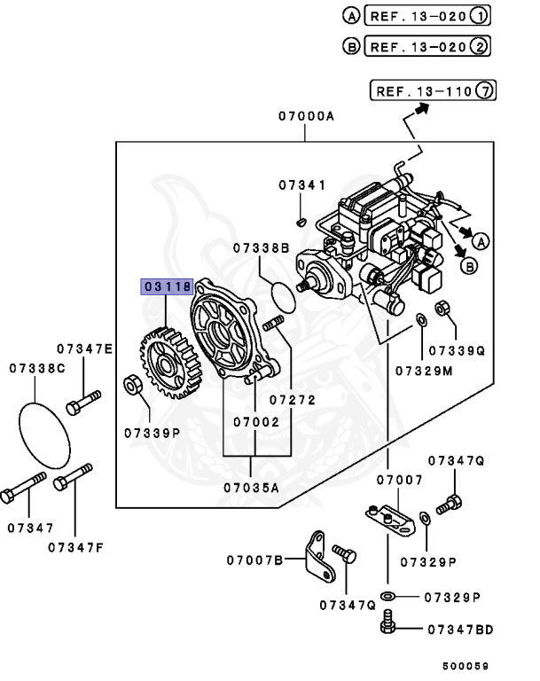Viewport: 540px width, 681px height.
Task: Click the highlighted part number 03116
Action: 167,286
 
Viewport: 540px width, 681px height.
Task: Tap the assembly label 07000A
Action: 306,115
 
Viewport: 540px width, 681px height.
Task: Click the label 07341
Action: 302,185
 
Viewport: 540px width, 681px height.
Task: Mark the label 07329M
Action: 424,370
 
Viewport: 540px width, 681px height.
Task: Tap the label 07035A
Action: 251,486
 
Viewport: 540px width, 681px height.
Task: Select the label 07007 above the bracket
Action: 398,480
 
